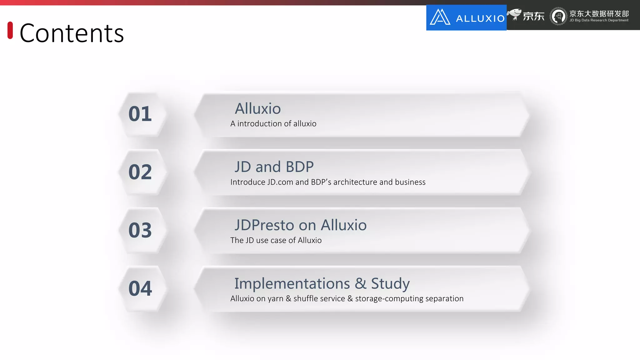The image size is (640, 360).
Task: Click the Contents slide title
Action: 72,33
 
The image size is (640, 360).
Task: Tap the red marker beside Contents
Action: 10,30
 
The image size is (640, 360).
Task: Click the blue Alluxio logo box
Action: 466,17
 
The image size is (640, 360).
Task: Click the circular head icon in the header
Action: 558,16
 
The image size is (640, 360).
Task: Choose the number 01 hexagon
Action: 140,114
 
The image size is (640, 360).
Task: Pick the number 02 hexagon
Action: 140,172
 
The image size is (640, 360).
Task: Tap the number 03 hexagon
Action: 140,230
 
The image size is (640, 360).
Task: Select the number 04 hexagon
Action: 140,288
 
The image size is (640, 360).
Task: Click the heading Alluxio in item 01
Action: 258,109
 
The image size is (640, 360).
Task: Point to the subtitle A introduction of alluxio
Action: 273,124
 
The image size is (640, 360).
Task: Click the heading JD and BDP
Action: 274,167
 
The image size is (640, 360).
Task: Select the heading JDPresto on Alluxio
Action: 300,225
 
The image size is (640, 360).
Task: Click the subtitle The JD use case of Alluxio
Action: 276,240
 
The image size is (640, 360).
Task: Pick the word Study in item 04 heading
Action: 390,284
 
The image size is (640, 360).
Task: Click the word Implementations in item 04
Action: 292,284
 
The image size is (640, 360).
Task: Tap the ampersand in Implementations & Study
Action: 360,284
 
